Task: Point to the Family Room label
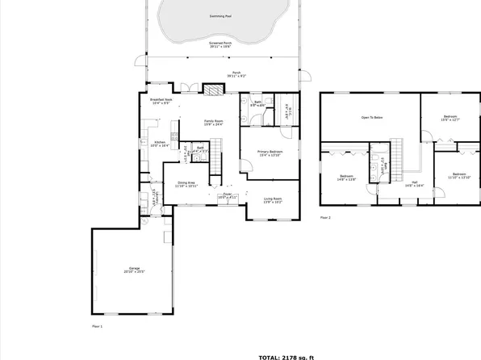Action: click(x=213, y=123)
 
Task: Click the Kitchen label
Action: click(x=160, y=144)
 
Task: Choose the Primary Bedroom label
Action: click(x=270, y=153)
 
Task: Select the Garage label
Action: click(x=133, y=271)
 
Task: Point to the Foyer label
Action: click(x=227, y=195)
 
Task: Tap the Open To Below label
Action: click(x=371, y=118)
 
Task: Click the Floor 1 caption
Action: click(x=98, y=325)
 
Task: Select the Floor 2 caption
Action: click(x=325, y=217)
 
